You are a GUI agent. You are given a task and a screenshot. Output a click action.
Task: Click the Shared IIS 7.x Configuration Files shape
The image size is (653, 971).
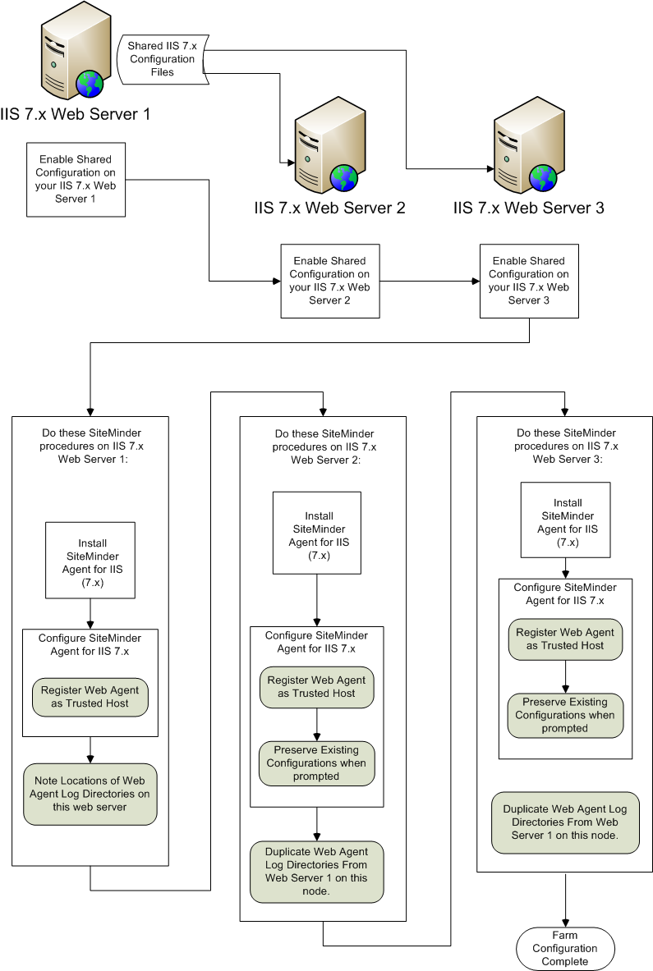click(162, 59)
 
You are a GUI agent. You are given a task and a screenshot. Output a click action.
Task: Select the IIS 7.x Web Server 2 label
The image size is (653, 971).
click(329, 208)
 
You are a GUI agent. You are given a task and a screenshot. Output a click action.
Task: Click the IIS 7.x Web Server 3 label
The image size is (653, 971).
click(528, 208)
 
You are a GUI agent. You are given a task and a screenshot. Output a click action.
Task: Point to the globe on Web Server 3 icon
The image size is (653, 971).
click(543, 176)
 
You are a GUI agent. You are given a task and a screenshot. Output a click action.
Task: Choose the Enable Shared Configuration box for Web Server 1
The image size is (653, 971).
click(76, 179)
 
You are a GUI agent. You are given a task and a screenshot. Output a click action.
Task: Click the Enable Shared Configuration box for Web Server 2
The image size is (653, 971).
click(329, 281)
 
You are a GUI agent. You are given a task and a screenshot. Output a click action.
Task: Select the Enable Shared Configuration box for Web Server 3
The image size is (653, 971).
click(528, 281)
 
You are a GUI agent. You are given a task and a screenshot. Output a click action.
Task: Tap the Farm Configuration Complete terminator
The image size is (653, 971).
click(564, 948)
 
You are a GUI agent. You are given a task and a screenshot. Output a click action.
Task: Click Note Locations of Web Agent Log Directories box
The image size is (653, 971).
click(90, 795)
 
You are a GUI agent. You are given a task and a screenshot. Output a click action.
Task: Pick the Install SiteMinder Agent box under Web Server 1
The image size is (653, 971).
click(90, 561)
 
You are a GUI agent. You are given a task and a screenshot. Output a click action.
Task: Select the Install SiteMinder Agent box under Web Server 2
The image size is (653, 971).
click(317, 533)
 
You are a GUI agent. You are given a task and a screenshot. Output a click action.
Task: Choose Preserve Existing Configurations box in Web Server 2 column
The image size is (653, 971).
click(316, 763)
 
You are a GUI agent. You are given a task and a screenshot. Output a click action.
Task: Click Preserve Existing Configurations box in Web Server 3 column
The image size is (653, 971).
click(565, 715)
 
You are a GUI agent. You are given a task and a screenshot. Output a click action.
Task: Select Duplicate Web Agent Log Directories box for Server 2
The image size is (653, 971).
click(316, 872)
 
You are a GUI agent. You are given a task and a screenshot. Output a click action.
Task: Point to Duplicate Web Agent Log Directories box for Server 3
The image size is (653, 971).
click(564, 822)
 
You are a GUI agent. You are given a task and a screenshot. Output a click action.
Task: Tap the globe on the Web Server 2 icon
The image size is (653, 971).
click(344, 176)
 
